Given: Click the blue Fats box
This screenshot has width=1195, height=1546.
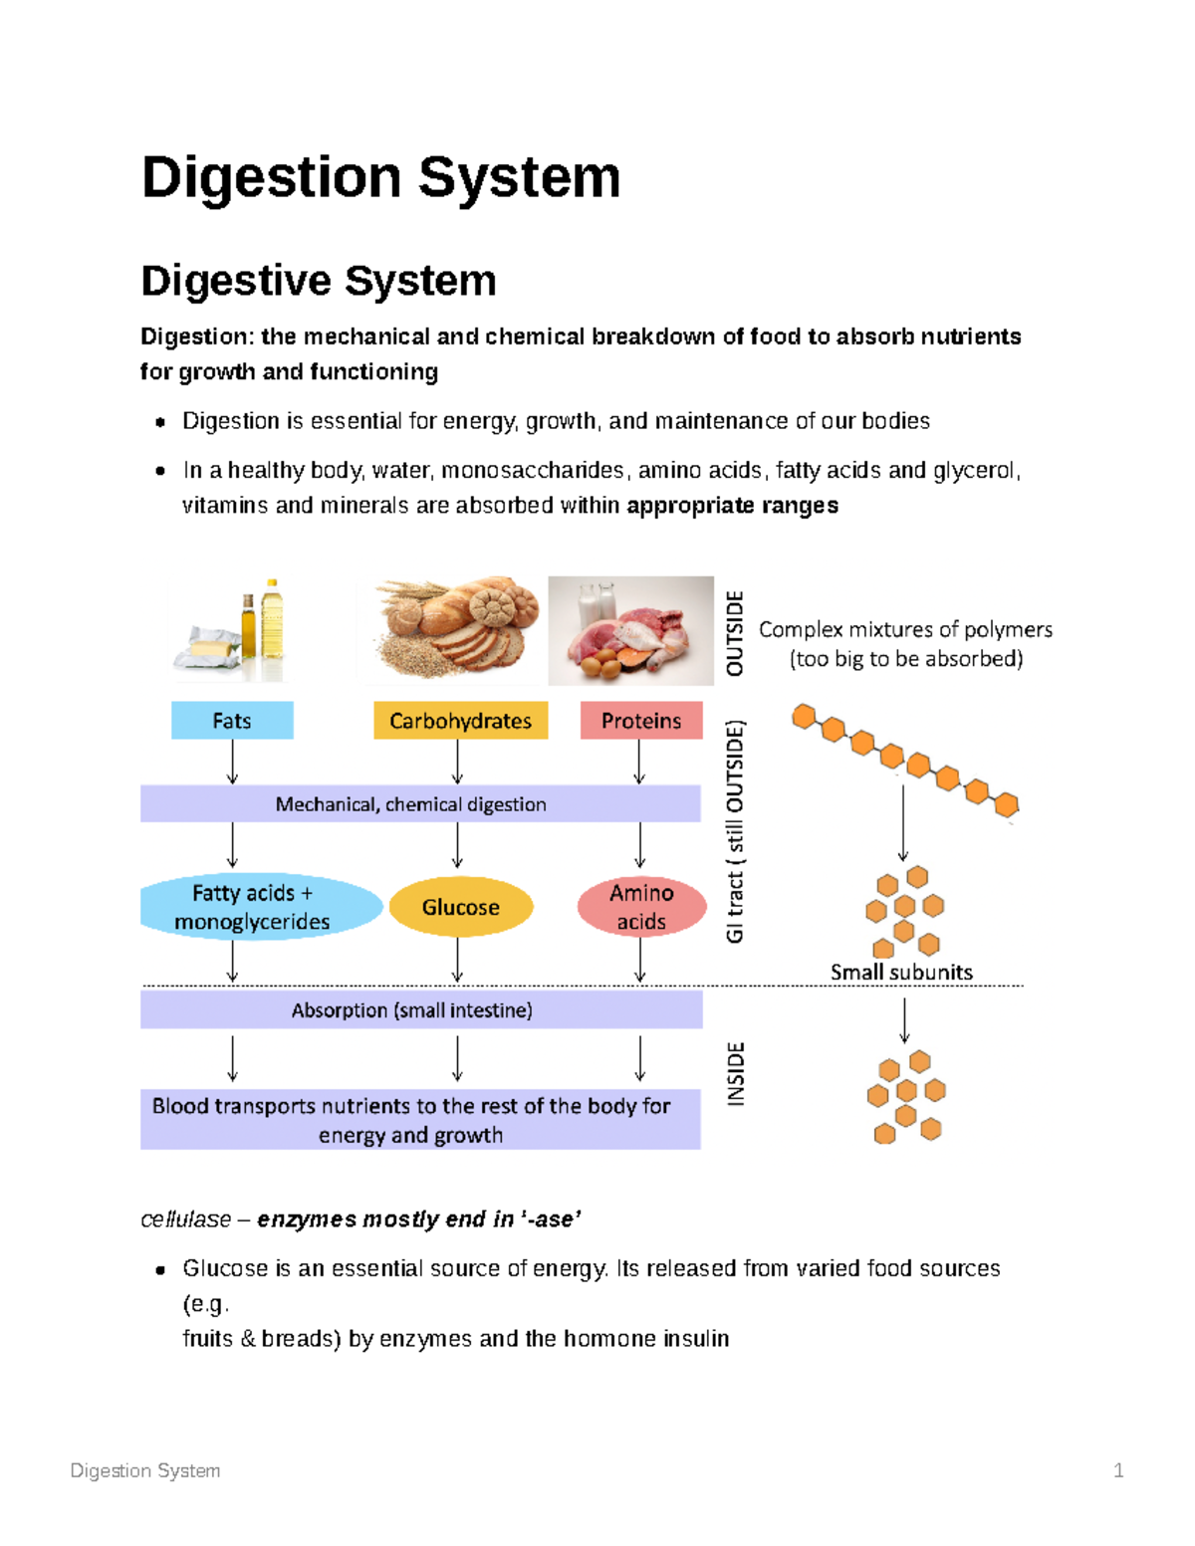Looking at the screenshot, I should tap(232, 721).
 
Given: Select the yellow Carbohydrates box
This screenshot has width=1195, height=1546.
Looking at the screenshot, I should tap(460, 721).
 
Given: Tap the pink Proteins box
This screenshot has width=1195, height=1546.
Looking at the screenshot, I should tap(641, 721).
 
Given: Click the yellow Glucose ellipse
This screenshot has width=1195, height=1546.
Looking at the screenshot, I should tap(460, 907).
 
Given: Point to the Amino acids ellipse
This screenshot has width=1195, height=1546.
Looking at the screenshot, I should tap(641, 907).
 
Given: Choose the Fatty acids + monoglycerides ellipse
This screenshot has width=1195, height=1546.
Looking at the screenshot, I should tap(253, 907).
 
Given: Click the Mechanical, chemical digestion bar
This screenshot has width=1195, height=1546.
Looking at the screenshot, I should tap(419, 804).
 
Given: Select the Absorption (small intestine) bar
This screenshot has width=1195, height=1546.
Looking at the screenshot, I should tap(419, 1010).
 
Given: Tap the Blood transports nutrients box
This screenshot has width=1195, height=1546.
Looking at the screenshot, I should tap(419, 1120).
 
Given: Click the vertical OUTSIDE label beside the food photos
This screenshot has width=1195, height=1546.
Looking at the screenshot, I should tap(735, 633).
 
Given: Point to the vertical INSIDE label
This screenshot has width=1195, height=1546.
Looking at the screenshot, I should tap(735, 1074).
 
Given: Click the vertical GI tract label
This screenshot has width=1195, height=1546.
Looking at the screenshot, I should tap(735, 831).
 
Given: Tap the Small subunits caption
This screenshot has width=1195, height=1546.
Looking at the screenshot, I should tap(901, 973).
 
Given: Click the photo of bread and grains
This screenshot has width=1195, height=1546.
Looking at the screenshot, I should tap(454, 629).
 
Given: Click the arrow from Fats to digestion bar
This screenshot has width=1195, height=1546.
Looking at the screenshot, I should tap(232, 763).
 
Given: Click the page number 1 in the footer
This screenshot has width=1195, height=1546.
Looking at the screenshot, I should tap(1118, 1470).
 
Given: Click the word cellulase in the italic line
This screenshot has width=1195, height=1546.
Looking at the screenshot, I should tap(186, 1219).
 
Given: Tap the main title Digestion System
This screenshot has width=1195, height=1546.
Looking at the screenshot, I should tap(380, 177).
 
